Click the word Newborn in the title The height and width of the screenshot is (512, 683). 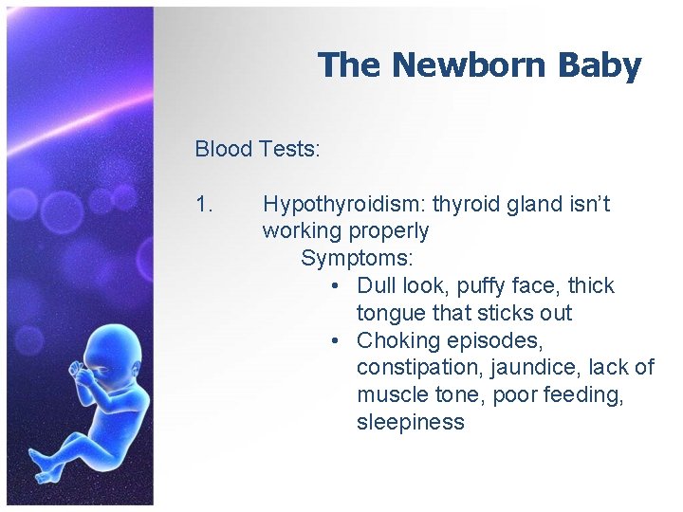click(x=465, y=65)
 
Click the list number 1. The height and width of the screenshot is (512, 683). click(x=205, y=204)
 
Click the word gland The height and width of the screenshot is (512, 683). click(x=536, y=204)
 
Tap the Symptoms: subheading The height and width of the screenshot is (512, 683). click(x=357, y=258)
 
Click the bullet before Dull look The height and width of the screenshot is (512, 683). click(x=338, y=285)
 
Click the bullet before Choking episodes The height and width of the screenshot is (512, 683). click(x=338, y=340)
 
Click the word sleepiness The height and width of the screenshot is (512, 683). click(x=411, y=422)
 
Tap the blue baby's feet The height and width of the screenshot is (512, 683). click(x=43, y=465)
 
